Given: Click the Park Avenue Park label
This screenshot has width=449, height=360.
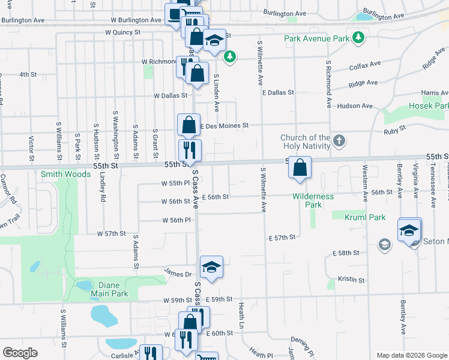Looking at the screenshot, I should click(x=316, y=38).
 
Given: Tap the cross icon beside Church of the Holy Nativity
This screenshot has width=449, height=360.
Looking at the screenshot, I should click(x=339, y=142).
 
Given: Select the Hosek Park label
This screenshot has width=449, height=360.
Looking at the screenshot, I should click(x=429, y=106).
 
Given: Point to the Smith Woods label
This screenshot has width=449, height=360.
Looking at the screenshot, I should click(x=65, y=174).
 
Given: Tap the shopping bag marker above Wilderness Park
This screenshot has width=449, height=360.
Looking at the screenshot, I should click(x=300, y=168).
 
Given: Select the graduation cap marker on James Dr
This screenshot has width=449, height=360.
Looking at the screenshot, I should click(x=211, y=267).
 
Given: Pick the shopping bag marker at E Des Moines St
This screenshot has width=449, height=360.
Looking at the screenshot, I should click(x=188, y=125).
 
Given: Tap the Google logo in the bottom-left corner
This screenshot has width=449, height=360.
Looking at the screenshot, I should click(x=20, y=352).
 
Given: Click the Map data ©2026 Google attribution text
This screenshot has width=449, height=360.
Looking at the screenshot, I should click(x=412, y=355).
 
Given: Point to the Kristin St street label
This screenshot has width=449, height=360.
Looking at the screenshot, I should click(x=351, y=280).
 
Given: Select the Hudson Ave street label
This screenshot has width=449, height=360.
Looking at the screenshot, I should click(x=355, y=106).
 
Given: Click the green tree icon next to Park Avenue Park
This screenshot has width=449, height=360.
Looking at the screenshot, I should click(x=358, y=38).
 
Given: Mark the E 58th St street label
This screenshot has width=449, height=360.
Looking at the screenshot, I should click(x=346, y=254).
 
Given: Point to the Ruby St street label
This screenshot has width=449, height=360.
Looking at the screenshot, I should click(x=396, y=128).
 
